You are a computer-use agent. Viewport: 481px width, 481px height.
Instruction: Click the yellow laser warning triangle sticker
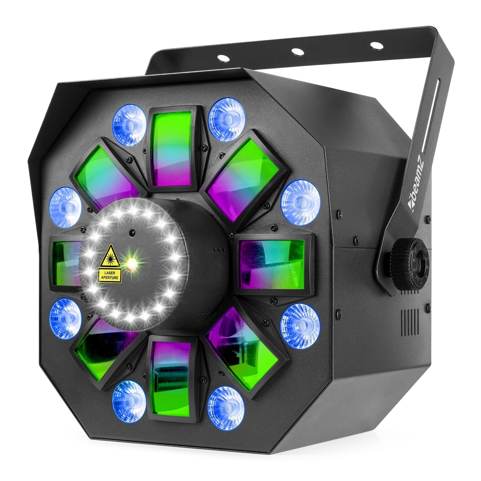click(110, 256)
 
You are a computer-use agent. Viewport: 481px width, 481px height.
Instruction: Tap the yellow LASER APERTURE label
click(110, 275)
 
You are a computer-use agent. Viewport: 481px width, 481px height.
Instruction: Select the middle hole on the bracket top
click(298, 51)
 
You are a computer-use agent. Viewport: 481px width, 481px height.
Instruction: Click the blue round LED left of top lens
click(130, 122)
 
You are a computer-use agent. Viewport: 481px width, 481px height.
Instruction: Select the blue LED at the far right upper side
click(301, 203)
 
